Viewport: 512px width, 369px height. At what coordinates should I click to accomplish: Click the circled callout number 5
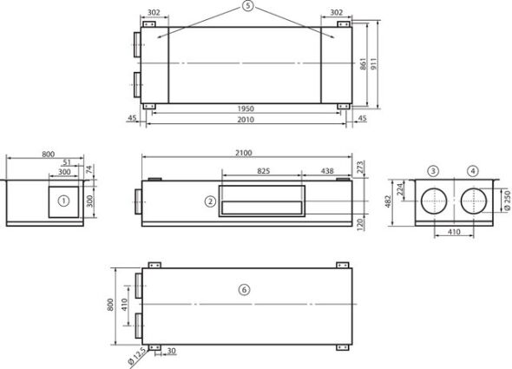(248, 6)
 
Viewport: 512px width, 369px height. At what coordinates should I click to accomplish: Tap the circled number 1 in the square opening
(63, 201)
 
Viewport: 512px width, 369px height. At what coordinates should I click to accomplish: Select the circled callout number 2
(210, 201)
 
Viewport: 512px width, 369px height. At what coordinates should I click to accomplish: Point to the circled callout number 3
(433, 171)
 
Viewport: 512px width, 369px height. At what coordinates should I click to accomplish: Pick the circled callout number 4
(472, 171)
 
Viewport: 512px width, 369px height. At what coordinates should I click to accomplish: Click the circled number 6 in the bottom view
(244, 290)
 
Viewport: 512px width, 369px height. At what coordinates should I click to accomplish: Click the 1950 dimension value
(246, 109)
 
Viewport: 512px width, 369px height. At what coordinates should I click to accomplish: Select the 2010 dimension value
(246, 120)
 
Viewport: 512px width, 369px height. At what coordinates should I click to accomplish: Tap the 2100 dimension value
(244, 153)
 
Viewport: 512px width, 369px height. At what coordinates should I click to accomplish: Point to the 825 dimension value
(264, 171)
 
